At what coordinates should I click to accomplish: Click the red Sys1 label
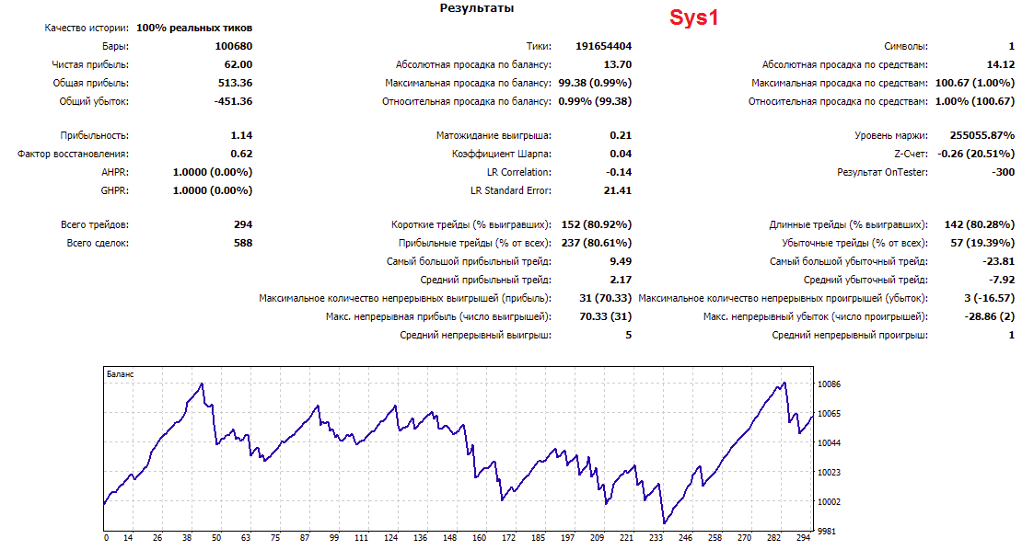coord(693,17)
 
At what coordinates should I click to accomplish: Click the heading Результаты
coord(477,8)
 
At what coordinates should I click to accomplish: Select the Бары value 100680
coord(234,46)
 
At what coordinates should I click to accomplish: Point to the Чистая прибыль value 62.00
coord(238,64)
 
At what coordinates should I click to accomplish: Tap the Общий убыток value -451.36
coord(234,101)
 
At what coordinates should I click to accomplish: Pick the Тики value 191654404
coord(603,46)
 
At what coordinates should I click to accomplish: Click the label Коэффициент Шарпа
coord(501,155)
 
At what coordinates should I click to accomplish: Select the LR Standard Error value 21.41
coord(617,191)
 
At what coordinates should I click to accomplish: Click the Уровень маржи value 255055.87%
coord(982,136)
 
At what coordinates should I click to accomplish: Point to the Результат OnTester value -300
coord(1003,173)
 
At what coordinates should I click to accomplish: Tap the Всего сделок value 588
coord(243,243)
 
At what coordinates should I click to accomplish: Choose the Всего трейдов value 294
coord(243,224)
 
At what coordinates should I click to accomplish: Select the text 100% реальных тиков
coord(194,28)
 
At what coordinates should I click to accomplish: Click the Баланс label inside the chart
coord(120,374)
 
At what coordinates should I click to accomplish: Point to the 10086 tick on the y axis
coord(829,384)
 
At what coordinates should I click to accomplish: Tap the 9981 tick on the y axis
coord(827,531)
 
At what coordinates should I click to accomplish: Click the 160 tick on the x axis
coord(480,538)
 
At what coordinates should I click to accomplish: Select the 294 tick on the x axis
coord(803,538)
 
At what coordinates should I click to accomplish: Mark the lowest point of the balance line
coord(665,523)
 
